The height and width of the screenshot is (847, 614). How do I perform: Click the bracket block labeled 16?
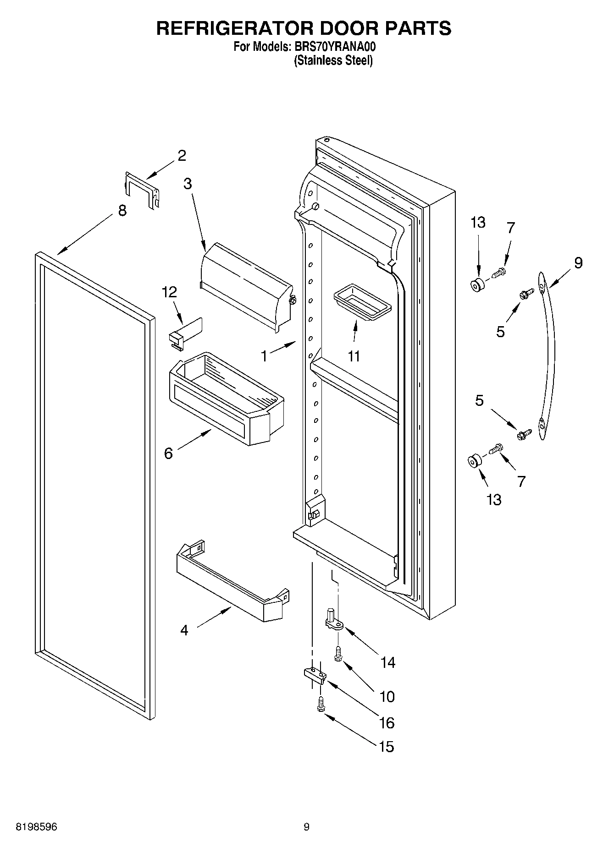click(x=315, y=674)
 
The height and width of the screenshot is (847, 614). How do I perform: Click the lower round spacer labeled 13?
click(x=473, y=462)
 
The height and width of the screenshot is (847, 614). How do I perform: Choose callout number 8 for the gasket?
click(x=122, y=211)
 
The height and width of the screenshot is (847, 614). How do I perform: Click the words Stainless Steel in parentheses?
click(x=333, y=60)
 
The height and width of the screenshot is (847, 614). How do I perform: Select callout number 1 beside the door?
click(x=264, y=356)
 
